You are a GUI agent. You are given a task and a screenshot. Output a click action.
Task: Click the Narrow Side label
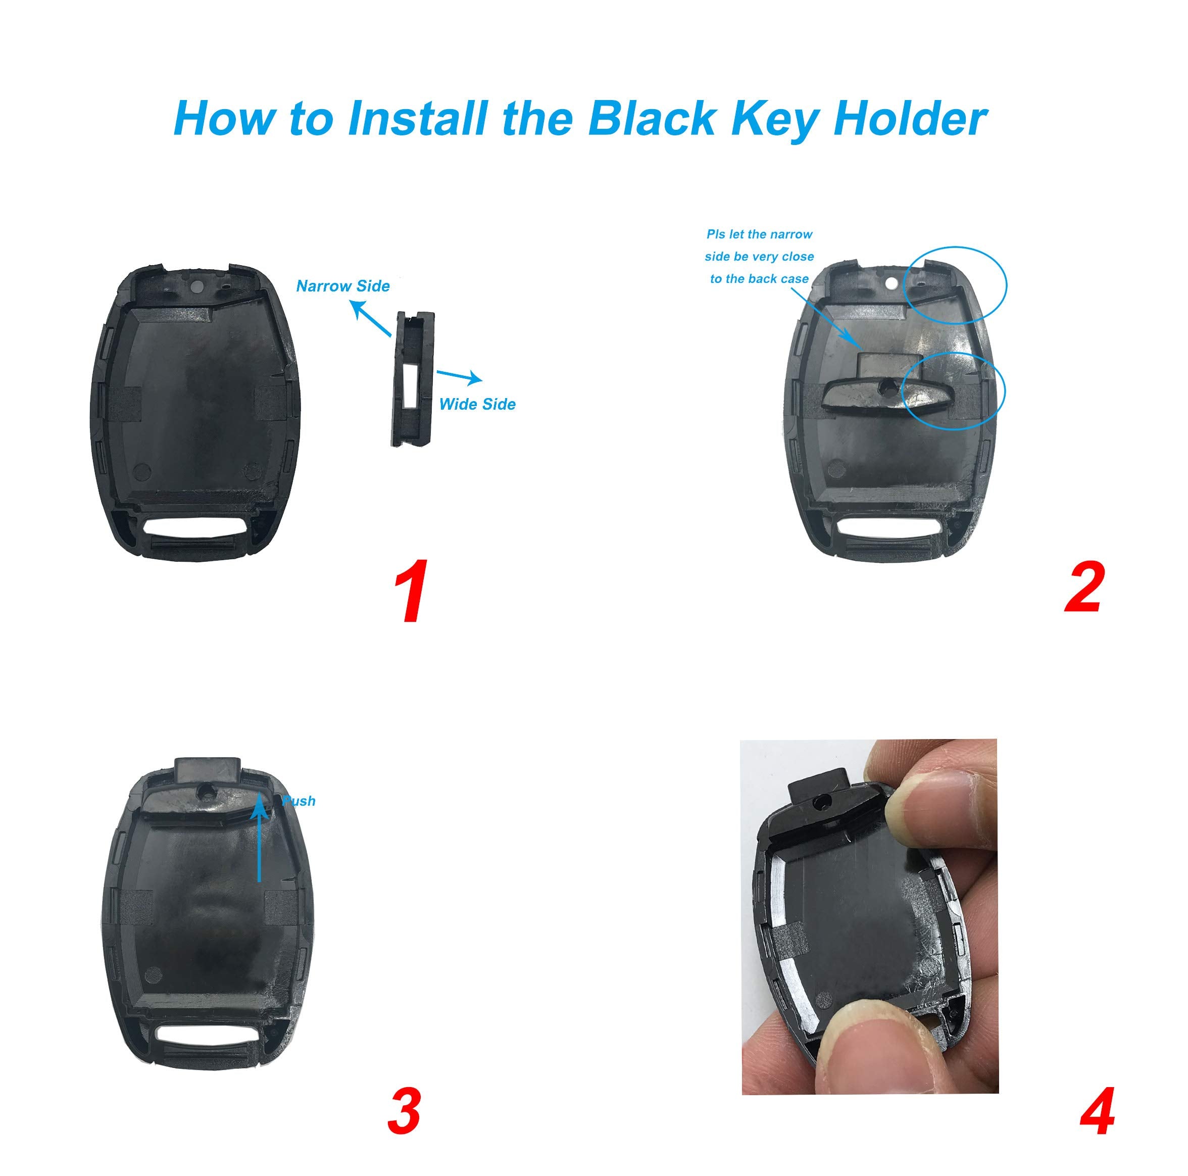pos(342,286)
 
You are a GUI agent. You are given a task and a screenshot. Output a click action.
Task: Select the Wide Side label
pos(477,404)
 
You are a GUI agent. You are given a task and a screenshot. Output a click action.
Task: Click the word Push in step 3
pos(299,801)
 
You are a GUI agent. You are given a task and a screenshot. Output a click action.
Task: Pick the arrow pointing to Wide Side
pos(458,376)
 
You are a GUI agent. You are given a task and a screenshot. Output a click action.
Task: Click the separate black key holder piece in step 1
pos(413,378)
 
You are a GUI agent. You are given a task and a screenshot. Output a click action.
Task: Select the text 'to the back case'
pos(759,279)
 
